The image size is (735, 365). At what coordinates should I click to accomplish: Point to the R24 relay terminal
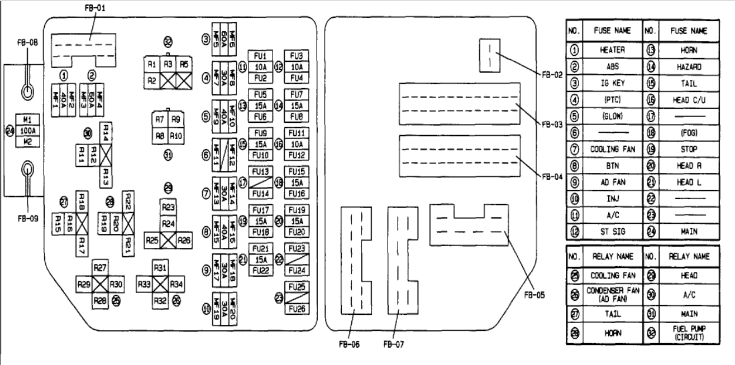[168, 224]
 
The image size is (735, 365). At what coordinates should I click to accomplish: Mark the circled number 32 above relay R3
[168, 41]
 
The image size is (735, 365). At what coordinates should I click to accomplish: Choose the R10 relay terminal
[176, 135]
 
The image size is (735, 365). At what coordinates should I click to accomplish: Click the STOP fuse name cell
[687, 150]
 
